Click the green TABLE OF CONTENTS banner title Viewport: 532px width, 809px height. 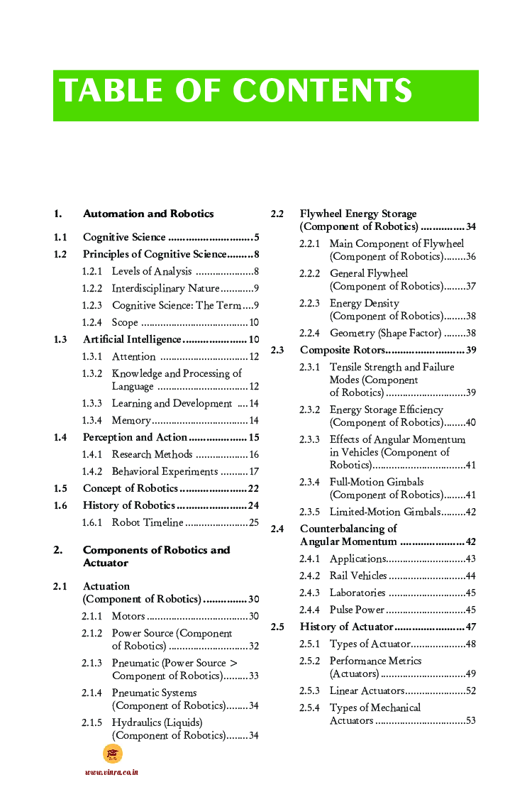[235, 92]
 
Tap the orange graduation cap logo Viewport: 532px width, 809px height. [113, 754]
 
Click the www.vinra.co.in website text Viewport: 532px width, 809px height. [111, 772]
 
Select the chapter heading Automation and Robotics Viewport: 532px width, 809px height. [148, 214]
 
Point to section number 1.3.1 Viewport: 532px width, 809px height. [92, 356]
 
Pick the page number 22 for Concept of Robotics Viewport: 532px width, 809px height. [253, 488]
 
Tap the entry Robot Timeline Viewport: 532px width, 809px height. [148, 522]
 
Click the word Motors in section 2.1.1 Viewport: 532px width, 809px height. [128, 616]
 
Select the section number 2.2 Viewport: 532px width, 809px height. [277, 214]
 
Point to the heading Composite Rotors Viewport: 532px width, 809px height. [343, 350]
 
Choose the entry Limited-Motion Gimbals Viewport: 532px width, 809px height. [384, 512]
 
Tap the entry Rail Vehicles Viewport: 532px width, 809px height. [358, 576]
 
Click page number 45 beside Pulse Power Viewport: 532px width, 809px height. [470, 610]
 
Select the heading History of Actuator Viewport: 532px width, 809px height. [346, 627]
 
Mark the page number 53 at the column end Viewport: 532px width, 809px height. [470, 721]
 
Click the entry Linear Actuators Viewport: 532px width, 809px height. [367, 690]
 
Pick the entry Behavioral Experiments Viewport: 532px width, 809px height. [165, 471]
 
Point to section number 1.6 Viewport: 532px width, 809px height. [60, 505]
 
